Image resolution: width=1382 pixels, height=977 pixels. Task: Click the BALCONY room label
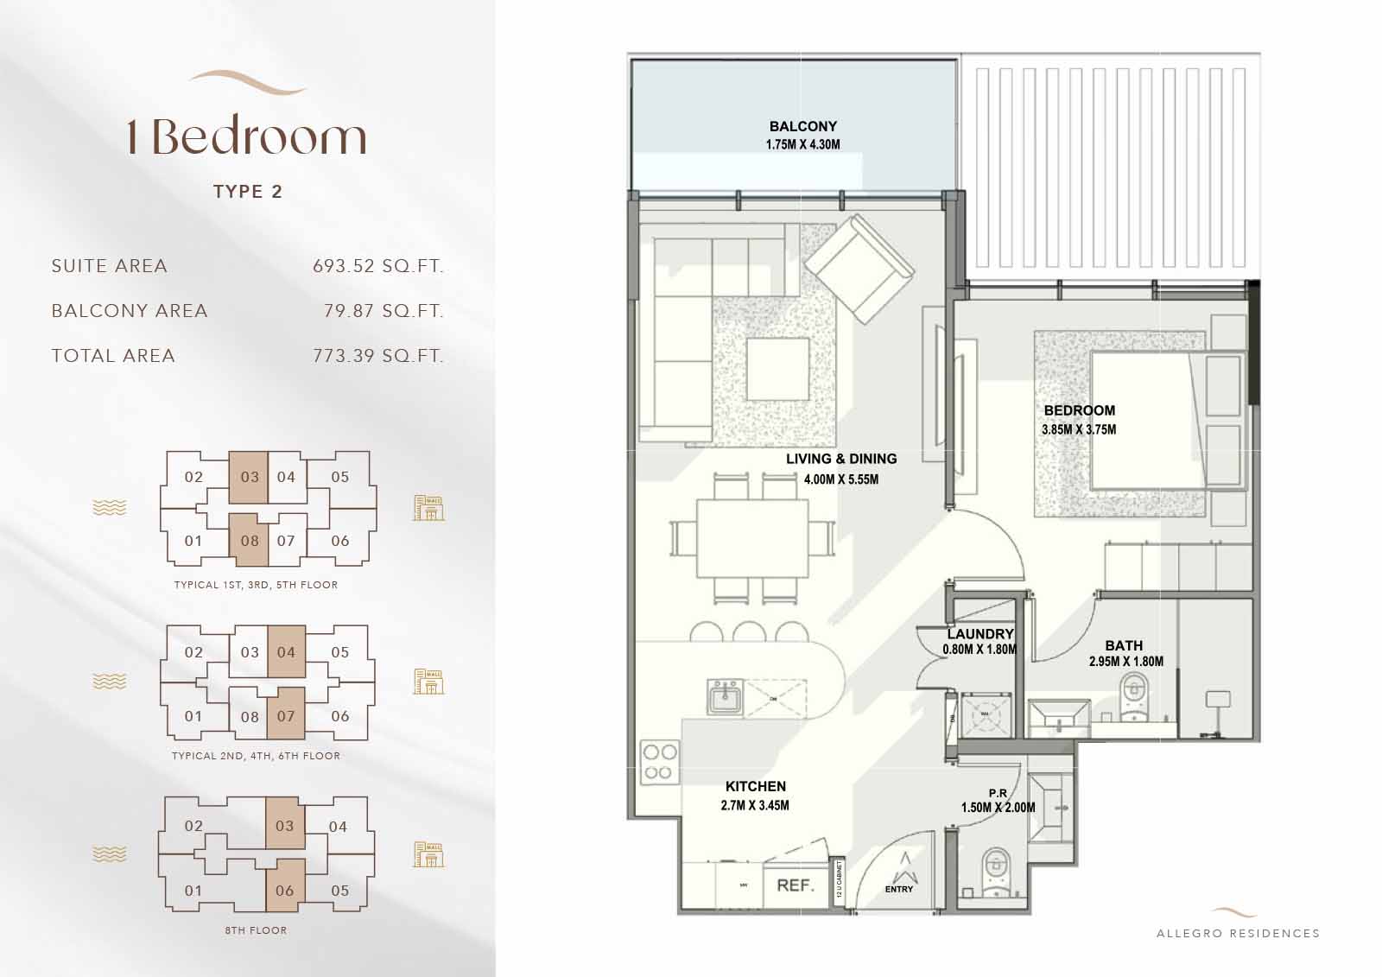[802, 126]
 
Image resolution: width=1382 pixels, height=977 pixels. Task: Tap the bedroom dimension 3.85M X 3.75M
[1079, 429]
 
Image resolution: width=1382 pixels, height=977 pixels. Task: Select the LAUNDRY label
[979, 634]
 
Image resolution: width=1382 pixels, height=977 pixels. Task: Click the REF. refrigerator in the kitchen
[795, 885]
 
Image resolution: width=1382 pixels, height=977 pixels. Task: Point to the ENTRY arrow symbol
[903, 865]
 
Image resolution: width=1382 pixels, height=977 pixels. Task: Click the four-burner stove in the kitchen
[660, 763]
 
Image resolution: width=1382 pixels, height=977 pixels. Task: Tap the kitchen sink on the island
[725, 696]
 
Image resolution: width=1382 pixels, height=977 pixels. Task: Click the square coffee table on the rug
[778, 369]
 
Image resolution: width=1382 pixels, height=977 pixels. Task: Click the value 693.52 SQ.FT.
[377, 266]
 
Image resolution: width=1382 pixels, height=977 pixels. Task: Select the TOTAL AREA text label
[113, 356]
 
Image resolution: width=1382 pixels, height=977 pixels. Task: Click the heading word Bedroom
[259, 138]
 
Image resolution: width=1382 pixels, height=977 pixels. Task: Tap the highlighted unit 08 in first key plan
[249, 541]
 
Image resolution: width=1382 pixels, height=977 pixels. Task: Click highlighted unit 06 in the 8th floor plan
[285, 890]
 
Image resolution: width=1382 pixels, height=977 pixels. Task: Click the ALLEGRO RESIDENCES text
[1238, 933]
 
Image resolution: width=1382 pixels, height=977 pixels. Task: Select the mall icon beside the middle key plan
[428, 681]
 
